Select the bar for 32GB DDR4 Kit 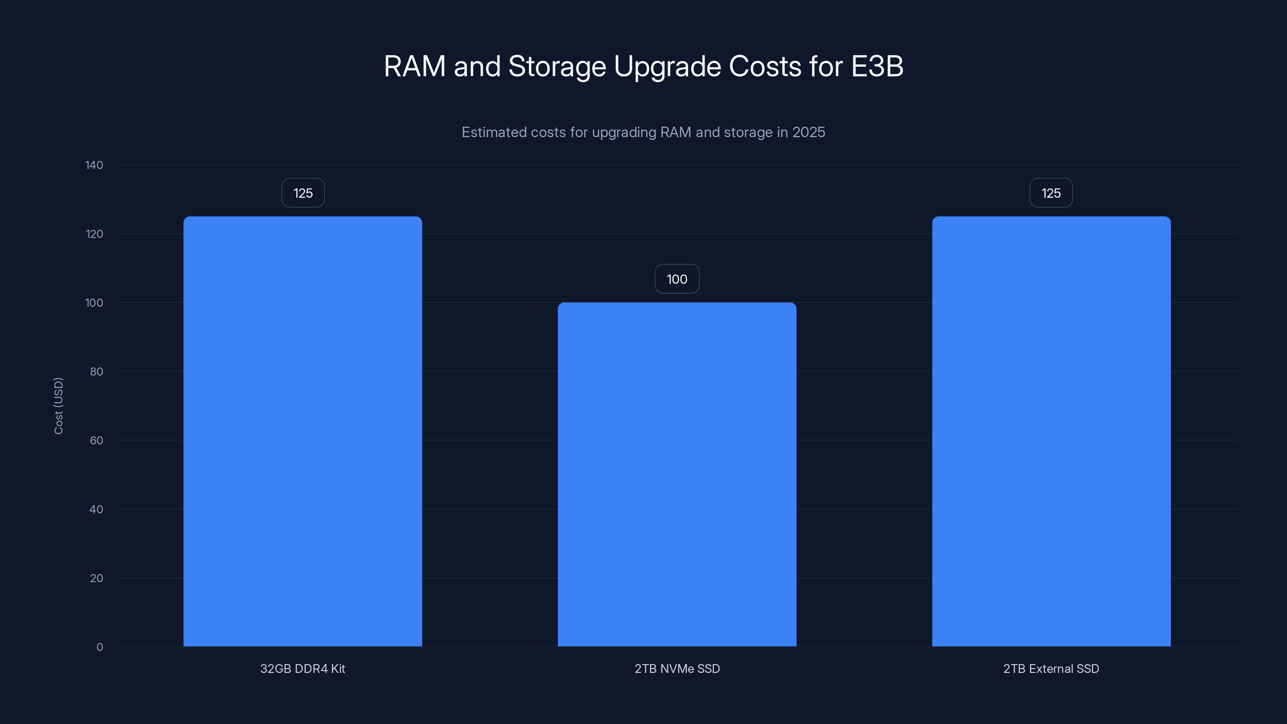pyautogui.click(x=303, y=431)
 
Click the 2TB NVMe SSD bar pyautogui.click(x=677, y=474)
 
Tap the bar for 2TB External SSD pyautogui.click(x=1051, y=431)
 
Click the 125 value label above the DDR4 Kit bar pyautogui.click(x=303, y=193)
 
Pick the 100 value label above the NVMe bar pyautogui.click(x=677, y=279)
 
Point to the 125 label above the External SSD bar pyautogui.click(x=1051, y=193)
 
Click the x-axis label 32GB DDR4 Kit pyautogui.click(x=303, y=668)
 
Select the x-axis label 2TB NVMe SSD pyautogui.click(x=677, y=668)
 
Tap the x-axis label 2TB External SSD pyautogui.click(x=1051, y=668)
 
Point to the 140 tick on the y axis pyautogui.click(x=94, y=165)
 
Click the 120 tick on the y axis pyautogui.click(x=94, y=234)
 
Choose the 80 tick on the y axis pyautogui.click(x=96, y=371)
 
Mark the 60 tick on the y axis pyautogui.click(x=96, y=440)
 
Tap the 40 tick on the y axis pyautogui.click(x=96, y=509)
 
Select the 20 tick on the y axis pyautogui.click(x=96, y=578)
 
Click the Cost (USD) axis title pyautogui.click(x=58, y=406)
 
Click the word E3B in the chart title pyautogui.click(x=877, y=66)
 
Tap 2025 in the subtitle pyautogui.click(x=808, y=132)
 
